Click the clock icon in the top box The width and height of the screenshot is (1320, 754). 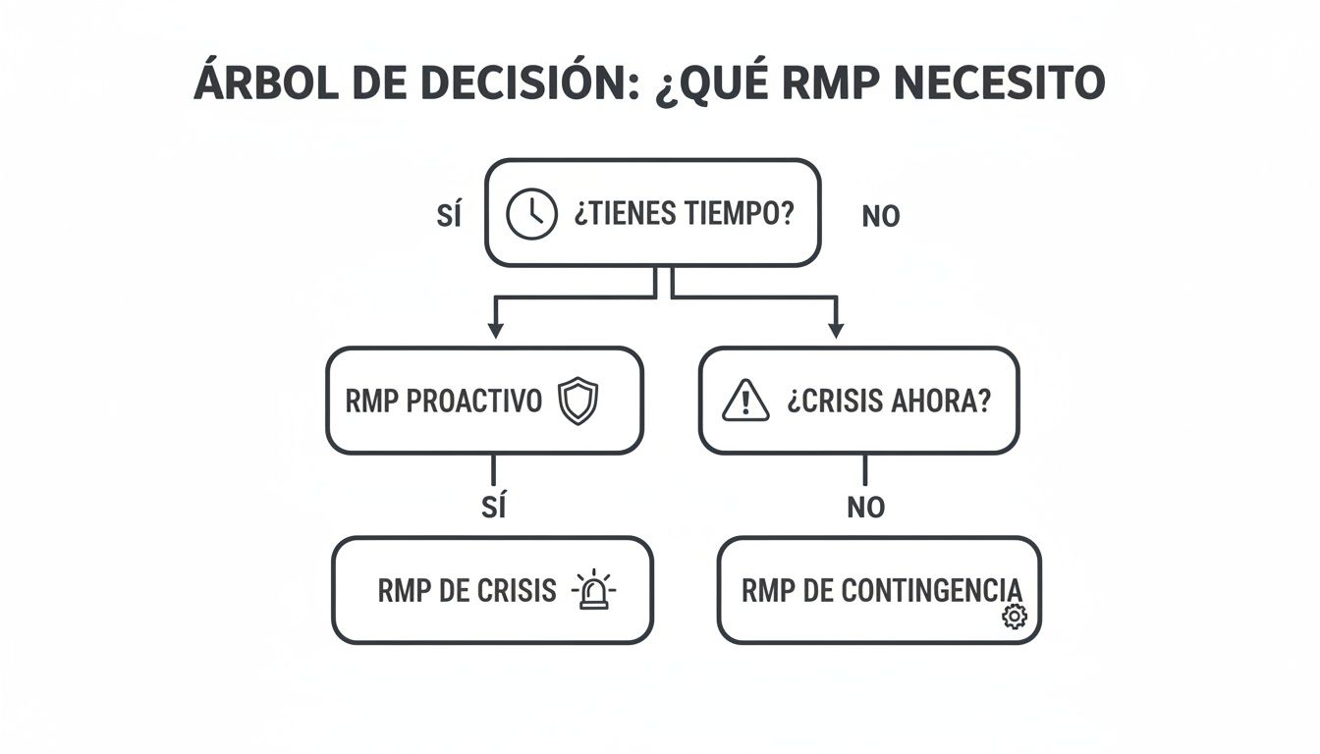530,214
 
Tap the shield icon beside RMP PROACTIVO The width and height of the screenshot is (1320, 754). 577,402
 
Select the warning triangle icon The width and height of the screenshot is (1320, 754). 745,402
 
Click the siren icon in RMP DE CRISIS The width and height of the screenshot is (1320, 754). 593,591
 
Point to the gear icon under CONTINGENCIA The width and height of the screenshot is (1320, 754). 1014,616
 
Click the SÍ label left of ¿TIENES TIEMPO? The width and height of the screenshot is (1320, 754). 449,216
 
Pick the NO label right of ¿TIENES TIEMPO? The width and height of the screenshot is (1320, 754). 880,217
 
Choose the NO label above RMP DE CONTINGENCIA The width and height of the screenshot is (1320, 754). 865,508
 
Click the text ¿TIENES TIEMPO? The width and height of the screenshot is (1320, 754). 684,213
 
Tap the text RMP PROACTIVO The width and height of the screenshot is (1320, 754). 444,402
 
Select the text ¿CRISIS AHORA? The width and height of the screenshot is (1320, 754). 889,402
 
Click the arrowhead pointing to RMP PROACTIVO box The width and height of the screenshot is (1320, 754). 495,330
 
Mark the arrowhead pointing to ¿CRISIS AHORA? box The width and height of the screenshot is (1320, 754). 836,330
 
